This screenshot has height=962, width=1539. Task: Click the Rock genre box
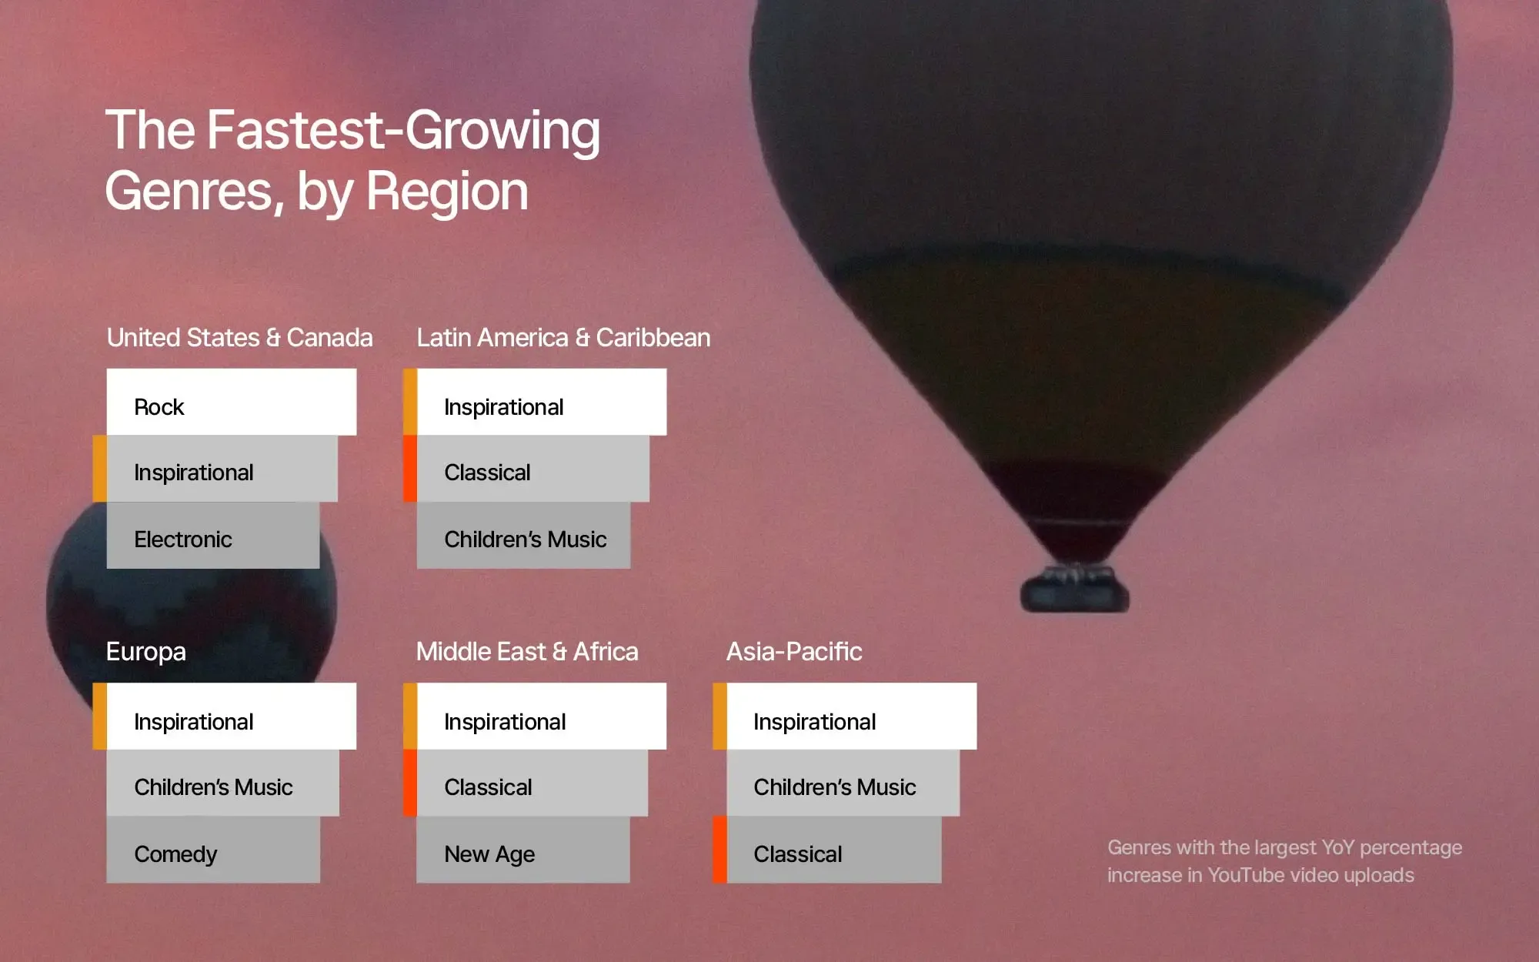tap(231, 402)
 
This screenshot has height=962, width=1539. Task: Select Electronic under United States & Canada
tap(213, 536)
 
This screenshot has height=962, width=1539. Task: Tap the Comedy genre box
tap(213, 850)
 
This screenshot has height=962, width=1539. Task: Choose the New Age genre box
tap(523, 850)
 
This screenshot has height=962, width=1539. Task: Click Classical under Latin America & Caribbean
tap(533, 469)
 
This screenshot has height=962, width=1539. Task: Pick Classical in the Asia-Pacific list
tap(834, 850)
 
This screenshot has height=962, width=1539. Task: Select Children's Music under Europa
tap(223, 783)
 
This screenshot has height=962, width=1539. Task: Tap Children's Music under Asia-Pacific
tap(843, 783)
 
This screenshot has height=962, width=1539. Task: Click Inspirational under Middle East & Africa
tap(542, 716)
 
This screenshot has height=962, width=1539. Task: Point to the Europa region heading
tap(146, 652)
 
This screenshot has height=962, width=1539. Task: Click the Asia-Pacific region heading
tap(794, 652)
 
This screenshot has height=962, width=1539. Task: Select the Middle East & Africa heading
tap(527, 652)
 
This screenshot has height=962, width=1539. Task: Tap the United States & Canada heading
tap(239, 338)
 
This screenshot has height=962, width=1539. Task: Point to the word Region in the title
tap(447, 191)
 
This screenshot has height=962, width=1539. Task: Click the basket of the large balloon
tap(1075, 590)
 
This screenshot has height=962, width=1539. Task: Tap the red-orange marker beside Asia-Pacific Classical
tap(719, 850)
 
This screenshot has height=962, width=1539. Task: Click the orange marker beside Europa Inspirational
tap(99, 716)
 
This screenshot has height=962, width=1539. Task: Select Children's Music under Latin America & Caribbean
tap(523, 536)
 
